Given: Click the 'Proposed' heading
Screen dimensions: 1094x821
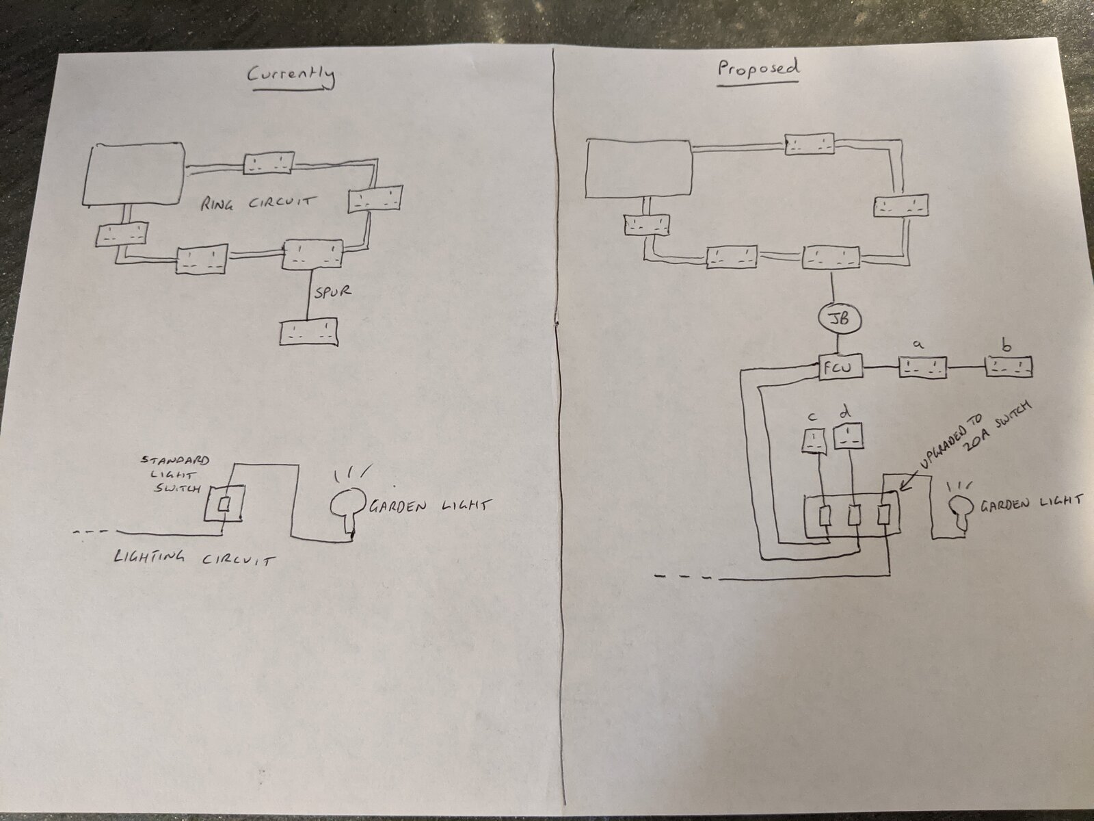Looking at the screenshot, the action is [758, 71].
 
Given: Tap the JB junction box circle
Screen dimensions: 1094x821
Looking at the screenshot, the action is [840, 319].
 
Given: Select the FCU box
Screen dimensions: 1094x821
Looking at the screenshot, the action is [841, 367].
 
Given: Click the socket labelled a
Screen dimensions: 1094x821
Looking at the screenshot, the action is [922, 367].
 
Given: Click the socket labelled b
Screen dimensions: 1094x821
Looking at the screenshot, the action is [1008, 367].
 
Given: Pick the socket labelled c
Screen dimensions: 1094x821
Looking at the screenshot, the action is [814, 441].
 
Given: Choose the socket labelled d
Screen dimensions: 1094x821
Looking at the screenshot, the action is [849, 436].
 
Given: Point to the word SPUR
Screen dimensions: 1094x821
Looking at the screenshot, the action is [332, 291].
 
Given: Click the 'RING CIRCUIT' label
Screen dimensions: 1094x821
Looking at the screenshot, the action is [258, 203].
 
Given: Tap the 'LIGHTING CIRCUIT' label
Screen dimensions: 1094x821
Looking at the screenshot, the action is [194, 558].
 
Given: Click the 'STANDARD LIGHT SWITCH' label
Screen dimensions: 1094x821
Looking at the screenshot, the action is [176, 474].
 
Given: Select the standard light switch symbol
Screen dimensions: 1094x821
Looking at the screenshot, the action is [224, 504].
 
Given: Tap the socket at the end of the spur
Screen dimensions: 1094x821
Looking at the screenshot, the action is [308, 332].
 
